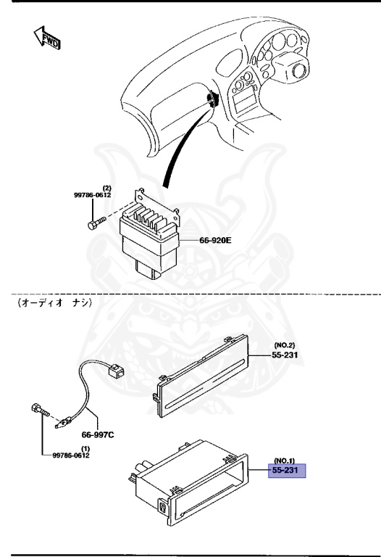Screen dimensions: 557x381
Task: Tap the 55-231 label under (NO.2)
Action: point(285,355)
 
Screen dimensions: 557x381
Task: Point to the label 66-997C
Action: point(98,434)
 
